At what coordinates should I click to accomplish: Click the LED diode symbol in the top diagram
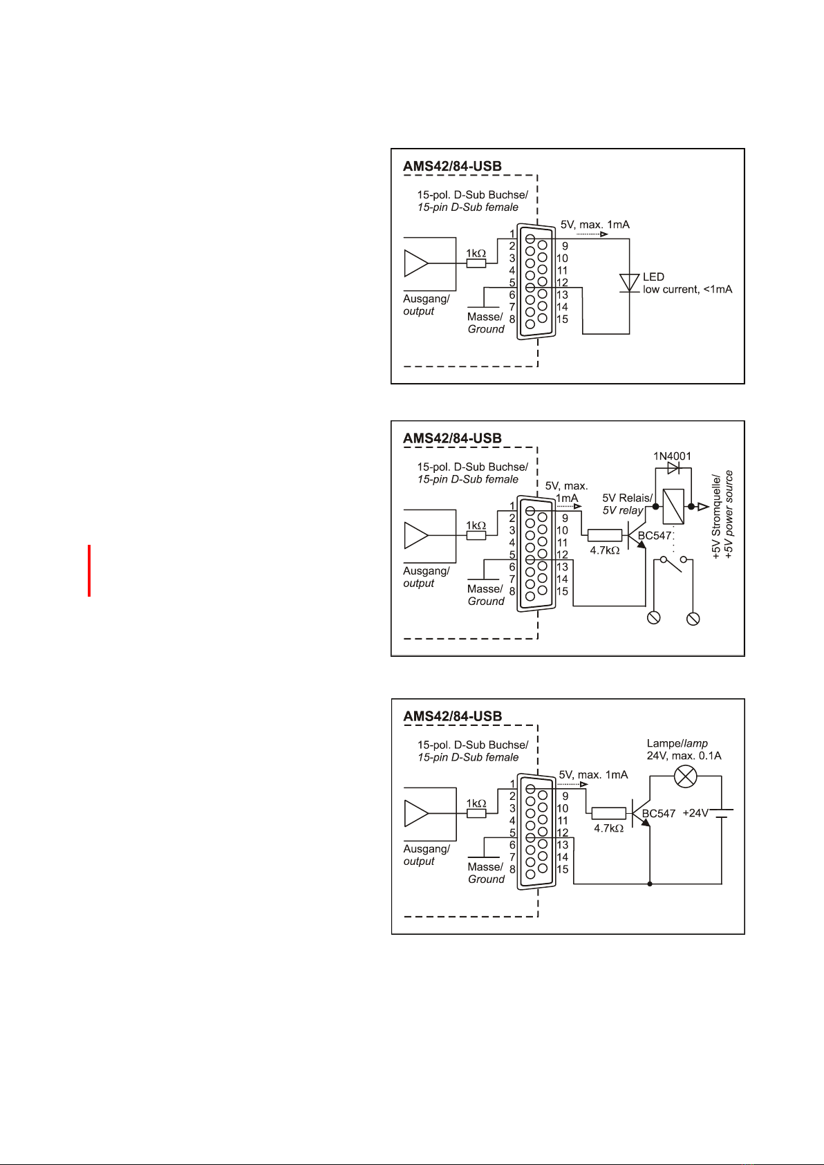[x=629, y=283]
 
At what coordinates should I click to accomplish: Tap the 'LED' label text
[x=653, y=277]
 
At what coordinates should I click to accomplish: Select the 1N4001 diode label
[x=672, y=456]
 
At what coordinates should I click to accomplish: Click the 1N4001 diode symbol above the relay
[x=673, y=468]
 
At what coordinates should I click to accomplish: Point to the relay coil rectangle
[x=673, y=506]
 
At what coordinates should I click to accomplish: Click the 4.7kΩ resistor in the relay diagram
[x=605, y=535]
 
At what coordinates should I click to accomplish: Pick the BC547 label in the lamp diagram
[x=659, y=813]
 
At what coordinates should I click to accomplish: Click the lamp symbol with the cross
[x=685, y=776]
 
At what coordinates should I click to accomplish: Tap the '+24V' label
[x=695, y=813]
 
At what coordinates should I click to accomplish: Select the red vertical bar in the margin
[x=89, y=570]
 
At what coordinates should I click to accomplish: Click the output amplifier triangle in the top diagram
[x=416, y=263]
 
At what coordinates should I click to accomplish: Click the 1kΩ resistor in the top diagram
[x=476, y=263]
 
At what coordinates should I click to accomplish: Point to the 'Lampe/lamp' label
[x=677, y=743]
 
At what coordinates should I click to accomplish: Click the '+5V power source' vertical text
[x=729, y=514]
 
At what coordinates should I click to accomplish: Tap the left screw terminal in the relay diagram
[x=653, y=618]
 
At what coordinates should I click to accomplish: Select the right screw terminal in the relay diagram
[x=693, y=618]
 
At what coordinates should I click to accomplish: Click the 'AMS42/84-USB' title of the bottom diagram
[x=453, y=716]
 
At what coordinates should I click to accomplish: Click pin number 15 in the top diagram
[x=562, y=319]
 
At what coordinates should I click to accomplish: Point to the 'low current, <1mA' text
[x=687, y=289]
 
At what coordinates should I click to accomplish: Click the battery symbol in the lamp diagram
[x=721, y=813]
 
